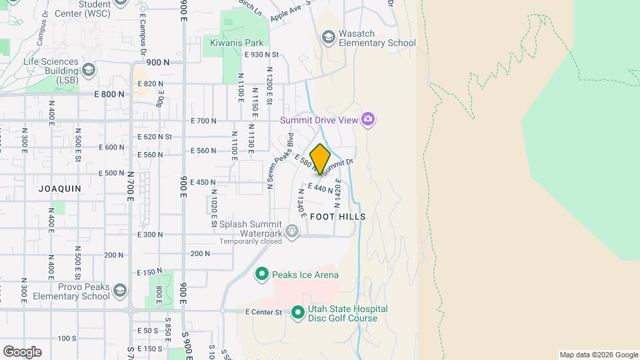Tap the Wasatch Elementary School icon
click(x=328, y=37)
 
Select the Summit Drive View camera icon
click(x=368, y=120)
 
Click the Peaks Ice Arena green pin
click(x=262, y=274)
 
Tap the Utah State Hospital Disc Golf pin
click(x=297, y=311)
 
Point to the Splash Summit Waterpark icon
click(x=292, y=231)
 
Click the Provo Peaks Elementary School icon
click(x=119, y=291)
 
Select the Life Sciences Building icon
click(x=89, y=69)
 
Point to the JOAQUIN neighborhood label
click(x=60, y=189)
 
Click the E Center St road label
click(x=263, y=312)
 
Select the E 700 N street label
click(x=204, y=121)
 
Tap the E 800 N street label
click(x=109, y=95)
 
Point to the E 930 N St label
click(x=261, y=55)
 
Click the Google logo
click(x=22, y=352)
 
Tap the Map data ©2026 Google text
click(x=598, y=355)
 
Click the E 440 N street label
click(x=320, y=189)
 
